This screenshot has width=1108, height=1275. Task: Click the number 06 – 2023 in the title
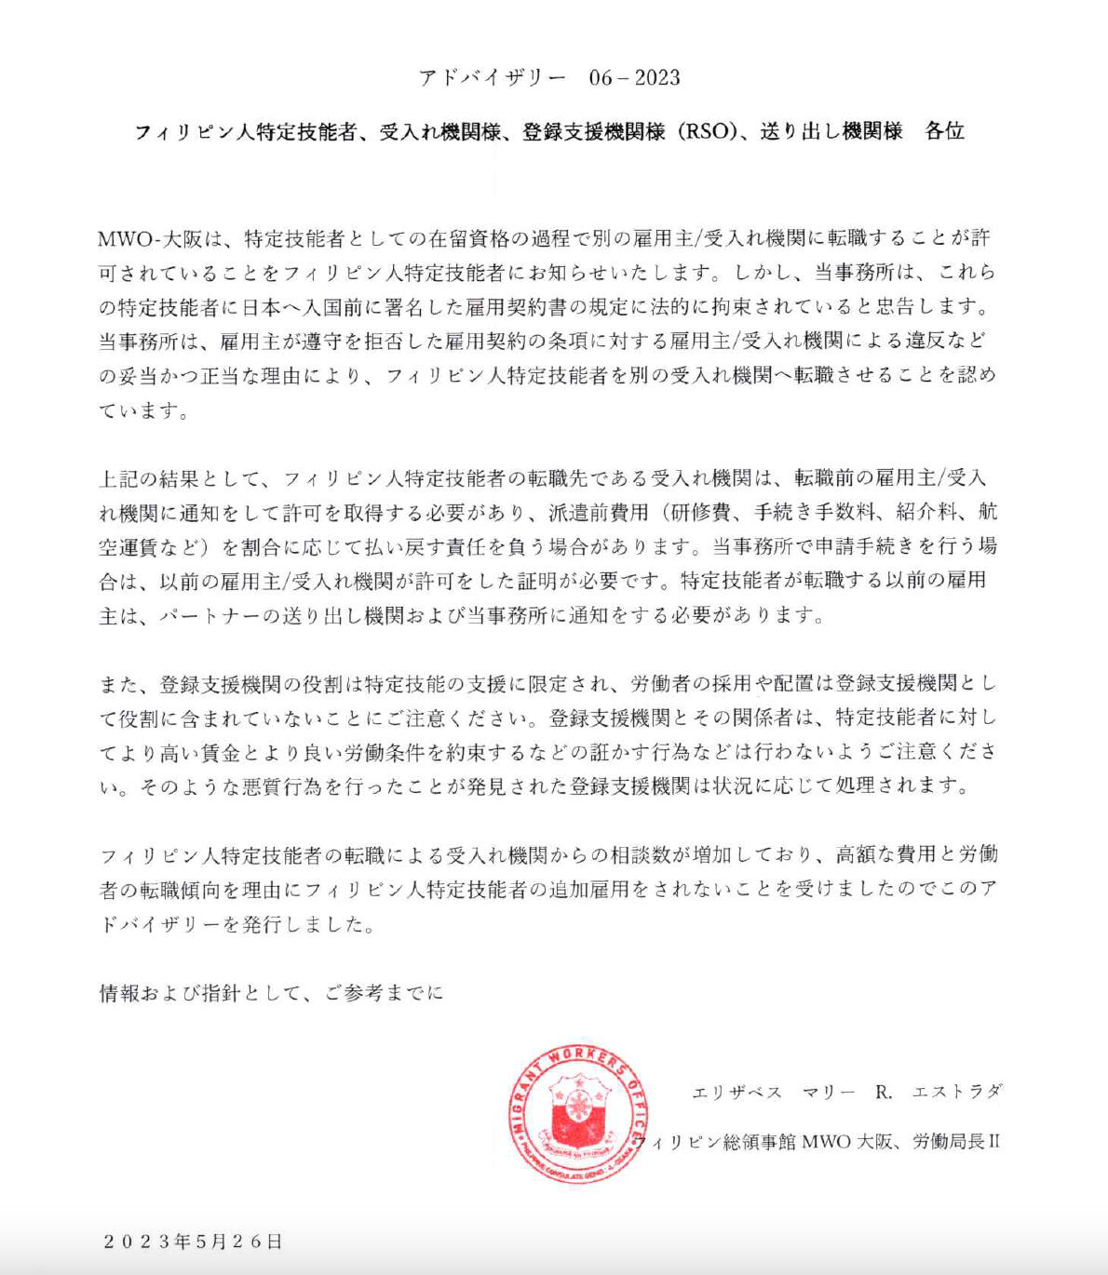tap(634, 78)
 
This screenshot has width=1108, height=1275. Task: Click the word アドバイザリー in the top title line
tap(492, 78)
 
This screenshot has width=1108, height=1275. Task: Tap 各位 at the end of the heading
tap(943, 131)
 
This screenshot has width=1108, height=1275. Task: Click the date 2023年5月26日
tap(193, 1241)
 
